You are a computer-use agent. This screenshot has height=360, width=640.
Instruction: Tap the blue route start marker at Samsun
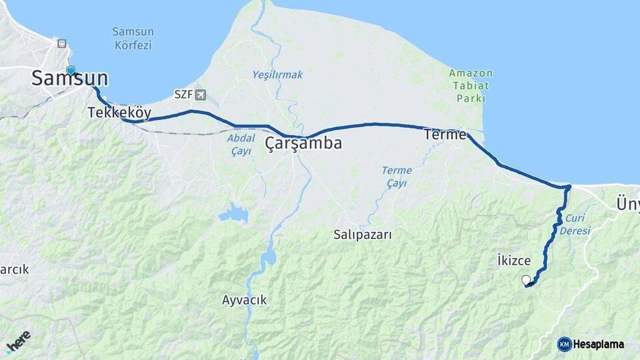coord(71,70)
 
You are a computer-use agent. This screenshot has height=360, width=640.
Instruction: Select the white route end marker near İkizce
coord(526,280)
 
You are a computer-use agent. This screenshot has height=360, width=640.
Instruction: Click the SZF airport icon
coord(201,95)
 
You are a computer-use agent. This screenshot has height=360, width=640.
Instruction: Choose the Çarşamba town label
coord(303,143)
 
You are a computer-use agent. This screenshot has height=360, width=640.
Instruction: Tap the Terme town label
coord(445,135)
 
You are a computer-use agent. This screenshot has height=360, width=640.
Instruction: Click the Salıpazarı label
coord(363,235)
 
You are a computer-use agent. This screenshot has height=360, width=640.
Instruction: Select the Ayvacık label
coord(244,300)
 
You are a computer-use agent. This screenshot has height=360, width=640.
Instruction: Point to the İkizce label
coord(514,260)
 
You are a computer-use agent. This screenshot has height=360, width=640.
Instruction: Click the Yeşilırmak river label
coord(277,75)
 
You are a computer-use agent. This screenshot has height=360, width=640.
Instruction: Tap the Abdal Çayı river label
coord(241,145)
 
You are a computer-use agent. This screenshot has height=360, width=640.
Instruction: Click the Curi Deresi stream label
coord(577,224)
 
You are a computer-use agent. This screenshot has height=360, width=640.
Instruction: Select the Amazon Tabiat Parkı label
coord(471,85)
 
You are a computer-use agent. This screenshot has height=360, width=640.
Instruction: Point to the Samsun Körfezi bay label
coord(132,39)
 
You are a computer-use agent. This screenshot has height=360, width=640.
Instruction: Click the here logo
coord(18,341)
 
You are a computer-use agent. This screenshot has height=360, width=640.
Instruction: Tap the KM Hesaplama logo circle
coord(564,344)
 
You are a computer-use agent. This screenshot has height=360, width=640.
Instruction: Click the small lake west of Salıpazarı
coord(233,214)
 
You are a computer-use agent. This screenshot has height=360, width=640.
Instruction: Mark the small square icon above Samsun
coord(62,43)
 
